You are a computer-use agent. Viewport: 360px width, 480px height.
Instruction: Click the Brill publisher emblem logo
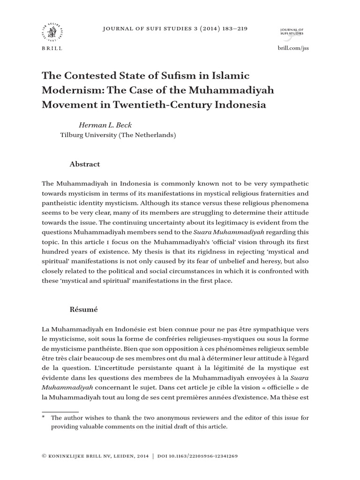coord(51,33)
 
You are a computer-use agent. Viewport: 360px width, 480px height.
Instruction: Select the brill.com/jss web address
coord(294,48)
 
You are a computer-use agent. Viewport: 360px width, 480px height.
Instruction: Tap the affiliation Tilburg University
coord(97,135)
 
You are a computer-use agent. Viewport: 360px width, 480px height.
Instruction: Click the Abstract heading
coord(85,164)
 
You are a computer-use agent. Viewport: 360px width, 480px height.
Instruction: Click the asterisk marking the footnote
coord(43,417)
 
